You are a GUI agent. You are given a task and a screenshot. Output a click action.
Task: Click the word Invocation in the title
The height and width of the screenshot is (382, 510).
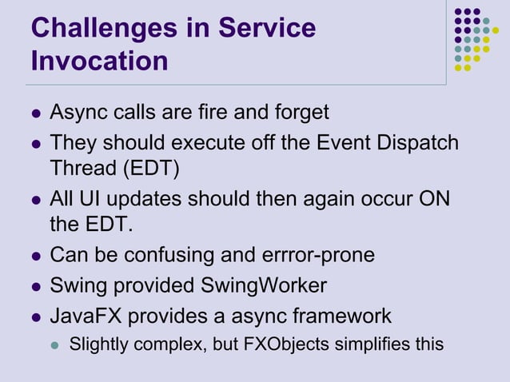coord(99,61)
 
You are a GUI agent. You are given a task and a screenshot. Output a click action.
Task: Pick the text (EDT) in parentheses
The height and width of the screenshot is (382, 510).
coord(148,169)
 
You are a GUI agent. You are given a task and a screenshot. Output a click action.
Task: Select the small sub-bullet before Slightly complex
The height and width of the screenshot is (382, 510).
coord(55,345)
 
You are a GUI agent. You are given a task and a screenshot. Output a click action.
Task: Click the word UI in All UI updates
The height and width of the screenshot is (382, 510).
coord(91,198)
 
